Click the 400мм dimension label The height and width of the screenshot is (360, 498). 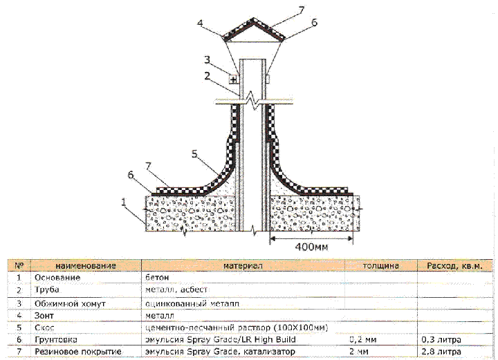[311, 247]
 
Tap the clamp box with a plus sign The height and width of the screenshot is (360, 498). [234, 79]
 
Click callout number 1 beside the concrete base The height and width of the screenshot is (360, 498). [124, 202]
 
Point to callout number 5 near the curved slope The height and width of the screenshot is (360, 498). [194, 154]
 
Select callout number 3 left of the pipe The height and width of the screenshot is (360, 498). [207, 59]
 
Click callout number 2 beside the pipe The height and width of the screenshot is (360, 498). [207, 76]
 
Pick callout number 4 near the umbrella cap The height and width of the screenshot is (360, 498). [200, 23]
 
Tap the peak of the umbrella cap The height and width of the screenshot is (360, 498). [253, 19]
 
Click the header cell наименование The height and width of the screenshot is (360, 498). [86, 265]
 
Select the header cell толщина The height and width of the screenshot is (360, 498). [381, 265]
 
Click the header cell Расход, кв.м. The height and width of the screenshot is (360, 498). [454, 266]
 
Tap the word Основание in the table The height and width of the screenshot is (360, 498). [57, 278]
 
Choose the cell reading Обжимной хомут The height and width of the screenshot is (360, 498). [70, 303]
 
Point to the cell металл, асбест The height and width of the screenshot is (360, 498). [176, 290]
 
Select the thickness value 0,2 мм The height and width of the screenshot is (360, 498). [363, 340]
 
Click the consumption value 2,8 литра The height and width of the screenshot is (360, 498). [441, 352]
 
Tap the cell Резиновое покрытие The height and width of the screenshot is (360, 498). [78, 352]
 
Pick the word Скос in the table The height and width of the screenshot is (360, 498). [44, 328]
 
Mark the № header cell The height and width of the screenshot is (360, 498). [19, 265]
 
